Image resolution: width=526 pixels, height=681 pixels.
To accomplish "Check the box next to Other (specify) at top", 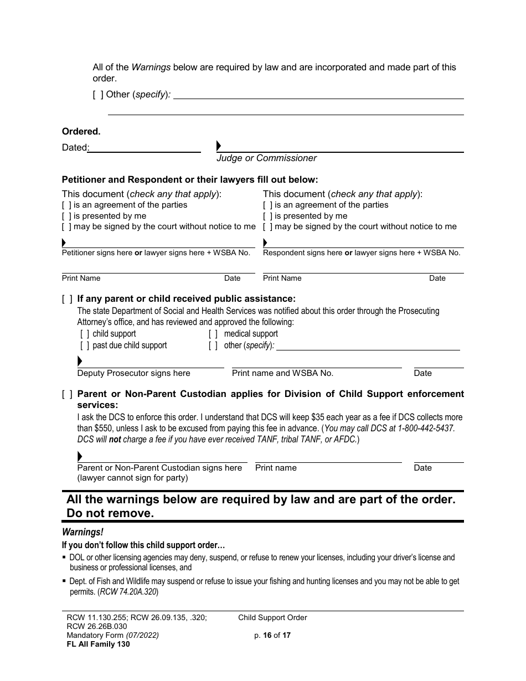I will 98,95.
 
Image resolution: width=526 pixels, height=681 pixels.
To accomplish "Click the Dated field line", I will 145,148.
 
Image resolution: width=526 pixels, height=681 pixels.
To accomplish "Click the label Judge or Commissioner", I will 266,158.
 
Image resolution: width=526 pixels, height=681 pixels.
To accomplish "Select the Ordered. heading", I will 81,132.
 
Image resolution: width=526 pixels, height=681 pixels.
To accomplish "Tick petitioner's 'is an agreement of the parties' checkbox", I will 66,205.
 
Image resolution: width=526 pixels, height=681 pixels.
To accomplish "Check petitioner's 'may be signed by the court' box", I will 66,227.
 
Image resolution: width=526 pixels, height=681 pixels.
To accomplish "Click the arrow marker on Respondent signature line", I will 265,243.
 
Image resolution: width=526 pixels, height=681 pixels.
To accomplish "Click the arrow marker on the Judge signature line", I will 219,146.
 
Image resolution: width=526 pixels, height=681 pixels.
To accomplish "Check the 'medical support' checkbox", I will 213,334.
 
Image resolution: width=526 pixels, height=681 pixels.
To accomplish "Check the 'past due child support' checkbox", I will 85,345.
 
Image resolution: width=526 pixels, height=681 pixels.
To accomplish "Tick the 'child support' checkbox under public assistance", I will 85,334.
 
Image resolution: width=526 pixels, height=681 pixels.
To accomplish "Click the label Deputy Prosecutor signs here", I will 133,373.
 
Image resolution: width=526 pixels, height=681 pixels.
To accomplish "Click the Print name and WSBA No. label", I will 282,373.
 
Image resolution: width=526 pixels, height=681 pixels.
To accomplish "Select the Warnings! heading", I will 82,532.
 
